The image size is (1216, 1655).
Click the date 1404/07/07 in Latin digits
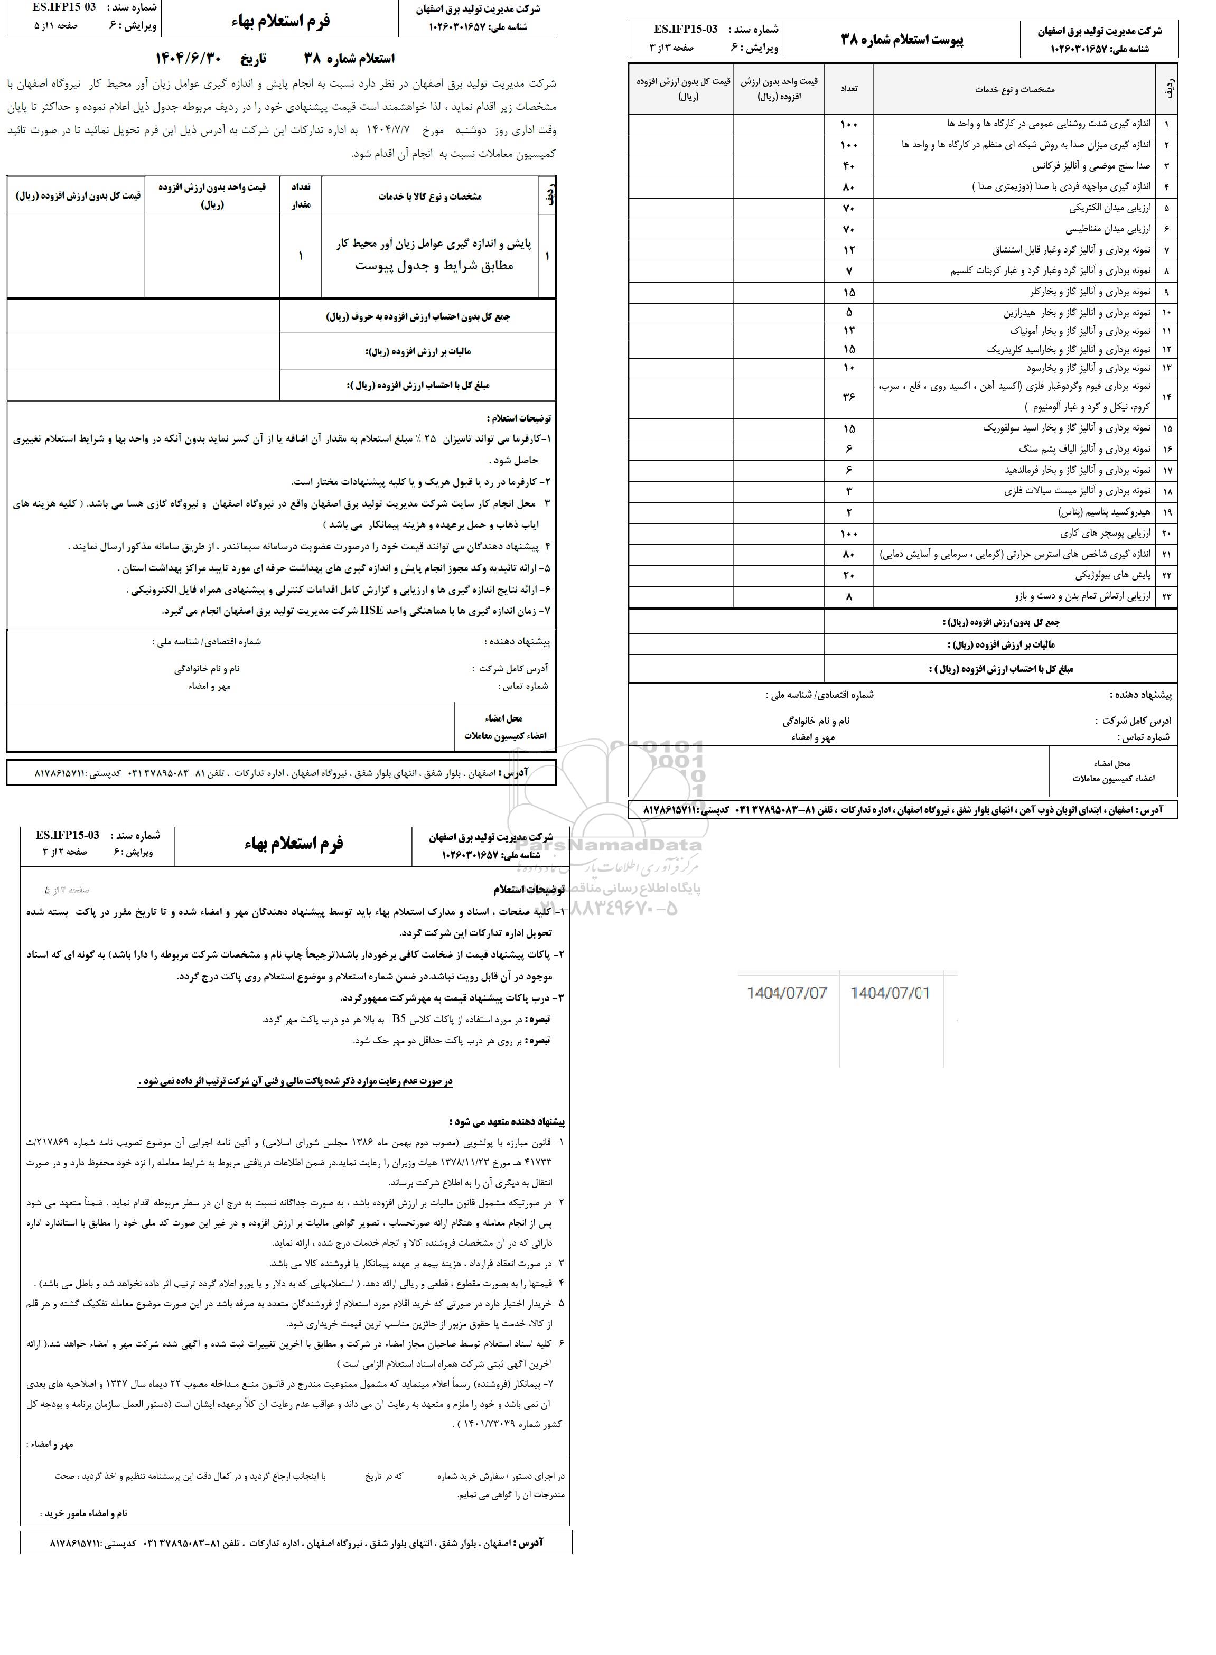pyautogui.click(x=786, y=994)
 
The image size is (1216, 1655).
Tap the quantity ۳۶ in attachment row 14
pyautogui.click(x=849, y=397)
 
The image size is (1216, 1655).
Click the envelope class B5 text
pyautogui.click(x=399, y=1019)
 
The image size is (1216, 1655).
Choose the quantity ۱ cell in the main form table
pyautogui.click(x=301, y=256)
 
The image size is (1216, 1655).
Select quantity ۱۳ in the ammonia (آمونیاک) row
pyautogui.click(x=849, y=331)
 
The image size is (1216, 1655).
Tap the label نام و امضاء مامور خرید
pyautogui.click(x=86, y=1514)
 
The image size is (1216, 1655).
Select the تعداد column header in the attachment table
pyautogui.click(x=849, y=88)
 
